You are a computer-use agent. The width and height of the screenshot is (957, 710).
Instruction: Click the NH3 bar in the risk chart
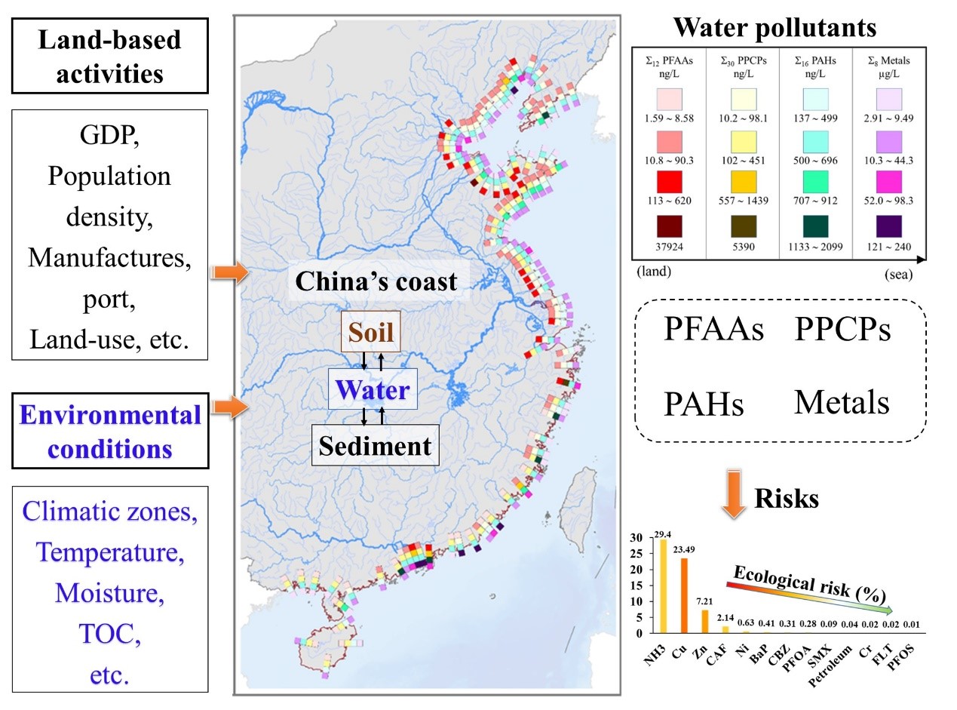point(664,586)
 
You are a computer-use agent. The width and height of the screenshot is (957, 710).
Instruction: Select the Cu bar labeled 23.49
point(684,595)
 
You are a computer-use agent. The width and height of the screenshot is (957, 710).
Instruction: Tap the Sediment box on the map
point(376,445)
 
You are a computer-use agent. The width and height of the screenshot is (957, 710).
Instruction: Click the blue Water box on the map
point(373,389)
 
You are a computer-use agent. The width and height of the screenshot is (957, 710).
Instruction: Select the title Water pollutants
point(774,29)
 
